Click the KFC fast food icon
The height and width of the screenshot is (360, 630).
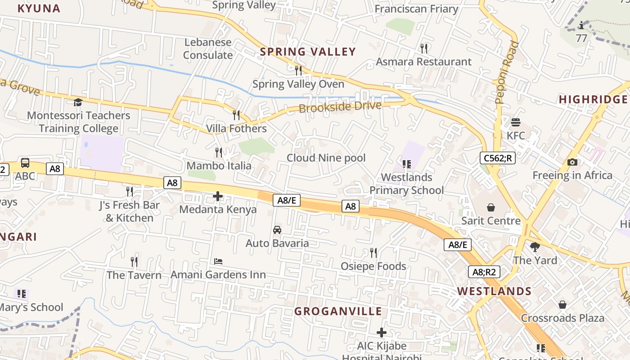tap(516, 122)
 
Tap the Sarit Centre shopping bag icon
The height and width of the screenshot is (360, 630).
tap(491, 207)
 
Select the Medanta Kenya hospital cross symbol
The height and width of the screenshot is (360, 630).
tap(218, 196)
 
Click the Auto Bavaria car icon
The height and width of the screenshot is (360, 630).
tap(277, 230)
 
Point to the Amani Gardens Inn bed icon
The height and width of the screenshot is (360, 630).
tap(218, 261)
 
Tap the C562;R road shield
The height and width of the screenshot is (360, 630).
tap(497, 158)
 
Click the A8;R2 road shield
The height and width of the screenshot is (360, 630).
tap(484, 272)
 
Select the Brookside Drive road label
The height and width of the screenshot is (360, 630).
tap(340, 107)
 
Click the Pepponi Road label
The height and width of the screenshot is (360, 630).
tap(507, 72)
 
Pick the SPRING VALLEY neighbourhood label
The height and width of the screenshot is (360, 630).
tap(308, 52)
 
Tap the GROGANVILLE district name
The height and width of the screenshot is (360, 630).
tap(338, 311)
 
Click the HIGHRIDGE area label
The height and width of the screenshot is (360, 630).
tap(593, 99)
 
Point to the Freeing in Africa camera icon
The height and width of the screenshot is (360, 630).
tap(572, 162)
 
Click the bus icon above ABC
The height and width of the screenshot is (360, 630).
tap(25, 163)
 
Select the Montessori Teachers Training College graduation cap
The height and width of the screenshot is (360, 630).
tap(78, 102)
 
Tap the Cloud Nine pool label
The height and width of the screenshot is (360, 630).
tap(326, 158)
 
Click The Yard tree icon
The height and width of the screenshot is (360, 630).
tap(535, 247)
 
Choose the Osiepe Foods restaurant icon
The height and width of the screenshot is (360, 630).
tap(373, 252)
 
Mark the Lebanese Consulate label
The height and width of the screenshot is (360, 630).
tap(207, 49)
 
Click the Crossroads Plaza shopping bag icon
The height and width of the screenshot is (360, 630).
tap(562, 305)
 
